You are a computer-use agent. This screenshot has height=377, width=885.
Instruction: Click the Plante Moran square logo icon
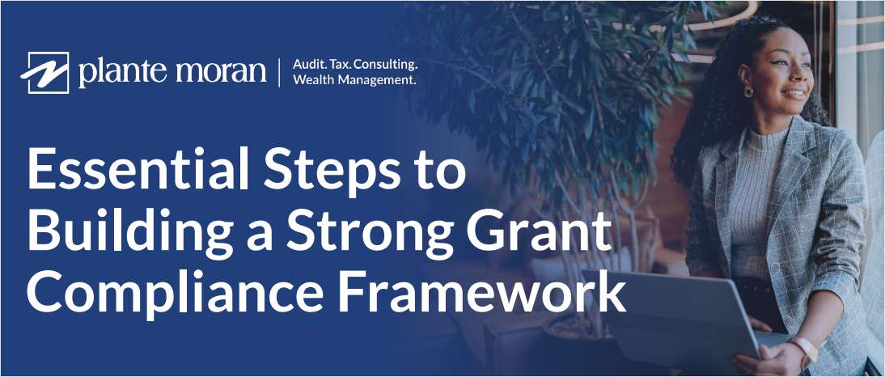click(49, 73)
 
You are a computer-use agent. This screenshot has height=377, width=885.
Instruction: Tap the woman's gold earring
click(747, 91)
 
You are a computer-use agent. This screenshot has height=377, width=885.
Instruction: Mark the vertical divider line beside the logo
click(280, 73)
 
